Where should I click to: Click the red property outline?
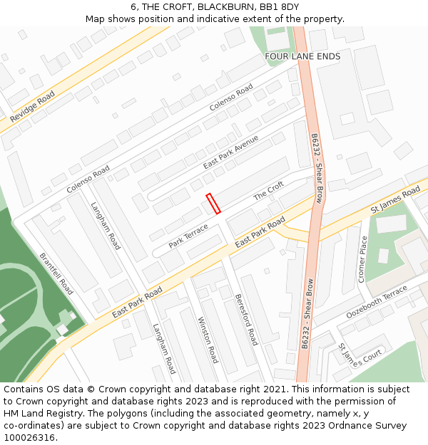coord(213,204)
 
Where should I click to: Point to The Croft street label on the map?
coord(269,191)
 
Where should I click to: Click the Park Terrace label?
coord(188,236)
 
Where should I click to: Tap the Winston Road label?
coord(207,340)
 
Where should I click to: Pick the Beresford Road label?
coord(245,320)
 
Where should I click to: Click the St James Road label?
coord(395,201)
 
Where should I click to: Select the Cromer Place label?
coord(362,259)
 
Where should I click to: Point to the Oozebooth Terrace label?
coord(377,303)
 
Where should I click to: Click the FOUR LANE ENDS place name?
coord(302,56)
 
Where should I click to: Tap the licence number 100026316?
coord(30,437)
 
